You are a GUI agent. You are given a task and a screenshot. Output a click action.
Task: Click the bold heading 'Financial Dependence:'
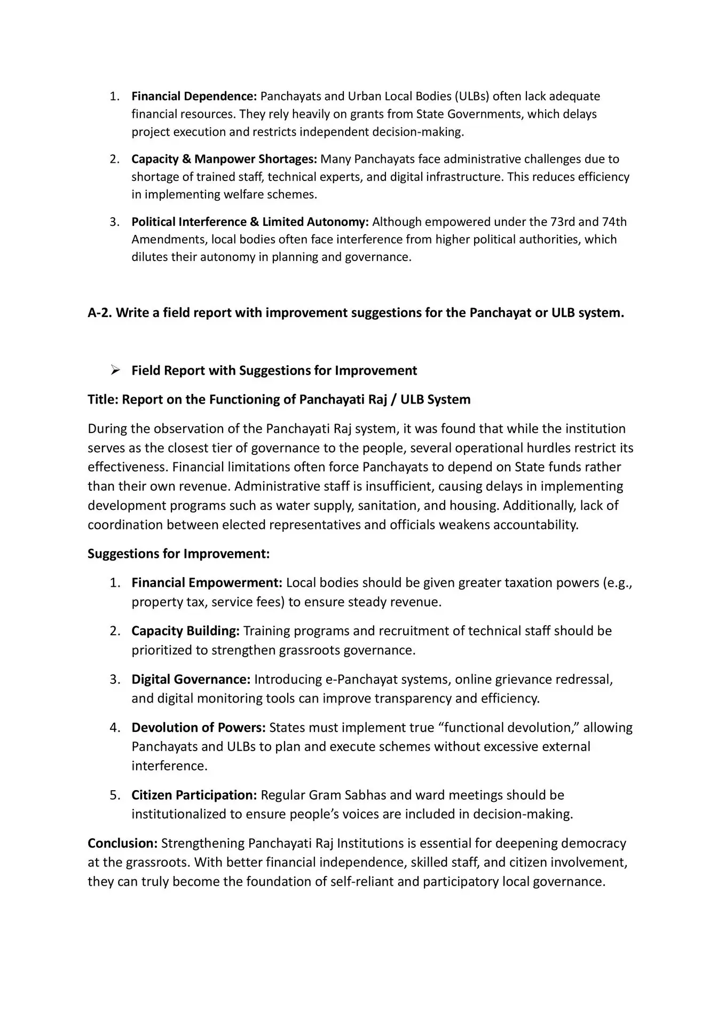point(194,97)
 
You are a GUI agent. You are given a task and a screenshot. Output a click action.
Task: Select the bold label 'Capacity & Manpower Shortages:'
point(224,159)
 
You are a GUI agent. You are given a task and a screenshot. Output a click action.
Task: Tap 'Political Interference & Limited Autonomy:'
point(250,222)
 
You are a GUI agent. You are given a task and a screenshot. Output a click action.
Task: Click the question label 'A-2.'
point(100,313)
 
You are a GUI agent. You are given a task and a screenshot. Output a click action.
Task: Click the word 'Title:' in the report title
point(103,399)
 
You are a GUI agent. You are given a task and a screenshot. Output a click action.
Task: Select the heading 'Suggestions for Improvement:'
point(178,554)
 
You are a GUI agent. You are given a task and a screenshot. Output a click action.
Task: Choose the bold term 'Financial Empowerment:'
point(207,582)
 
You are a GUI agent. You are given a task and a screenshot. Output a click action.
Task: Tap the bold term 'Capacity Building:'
point(185,631)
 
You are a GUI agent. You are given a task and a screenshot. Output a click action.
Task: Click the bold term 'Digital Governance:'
point(191,680)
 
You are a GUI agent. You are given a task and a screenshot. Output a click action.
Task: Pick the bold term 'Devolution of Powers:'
point(199,728)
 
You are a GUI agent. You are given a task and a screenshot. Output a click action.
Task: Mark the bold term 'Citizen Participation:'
point(194,795)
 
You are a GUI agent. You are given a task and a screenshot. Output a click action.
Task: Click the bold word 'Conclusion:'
point(122,843)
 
